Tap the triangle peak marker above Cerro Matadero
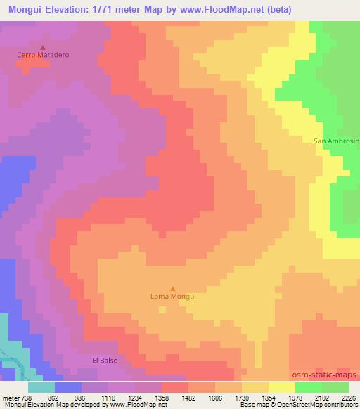(x=42, y=46)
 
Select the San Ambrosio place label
(x=336, y=141)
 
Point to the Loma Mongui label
(x=173, y=297)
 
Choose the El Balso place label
(x=105, y=360)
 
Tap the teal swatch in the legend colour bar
(x=41, y=387)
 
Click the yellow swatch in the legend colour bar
(x=281, y=387)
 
